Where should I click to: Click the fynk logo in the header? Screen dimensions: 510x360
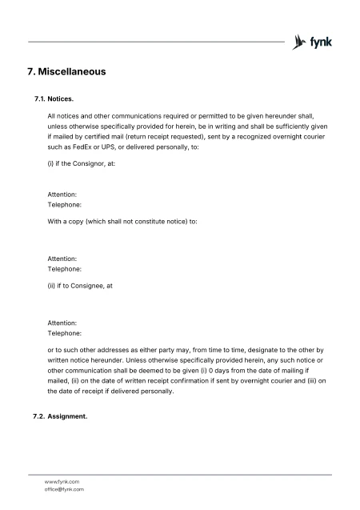314,41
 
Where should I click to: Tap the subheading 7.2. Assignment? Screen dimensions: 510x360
63,417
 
